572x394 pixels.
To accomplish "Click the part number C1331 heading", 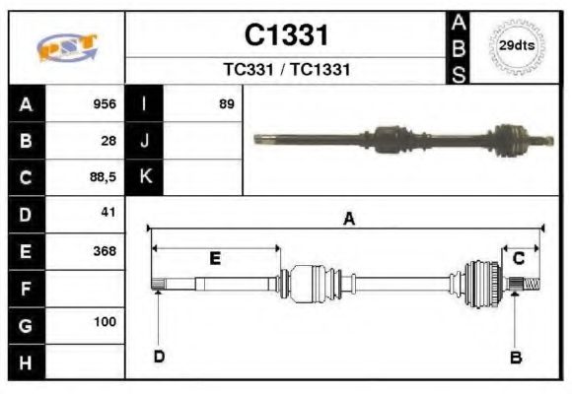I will point(286,35).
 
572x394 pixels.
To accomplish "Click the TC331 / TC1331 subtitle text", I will point(286,71).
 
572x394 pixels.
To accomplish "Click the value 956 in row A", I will point(105,103).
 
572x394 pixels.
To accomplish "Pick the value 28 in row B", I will point(108,140).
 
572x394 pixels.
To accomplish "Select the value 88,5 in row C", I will point(103,177).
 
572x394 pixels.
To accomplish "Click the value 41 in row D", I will point(108,213).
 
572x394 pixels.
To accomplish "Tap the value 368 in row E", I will point(105,250).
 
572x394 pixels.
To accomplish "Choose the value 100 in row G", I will point(105,322).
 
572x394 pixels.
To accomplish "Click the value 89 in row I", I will point(227,103).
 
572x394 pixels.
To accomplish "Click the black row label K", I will point(145,177).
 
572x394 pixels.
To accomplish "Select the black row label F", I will point(27,288).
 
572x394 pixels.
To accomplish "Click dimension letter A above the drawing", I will point(348,220).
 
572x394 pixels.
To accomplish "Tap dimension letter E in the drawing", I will point(215,259).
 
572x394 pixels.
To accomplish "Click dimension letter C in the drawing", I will point(518,258).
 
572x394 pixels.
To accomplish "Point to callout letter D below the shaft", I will point(158,357).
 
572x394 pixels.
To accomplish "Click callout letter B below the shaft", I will point(515,358).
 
